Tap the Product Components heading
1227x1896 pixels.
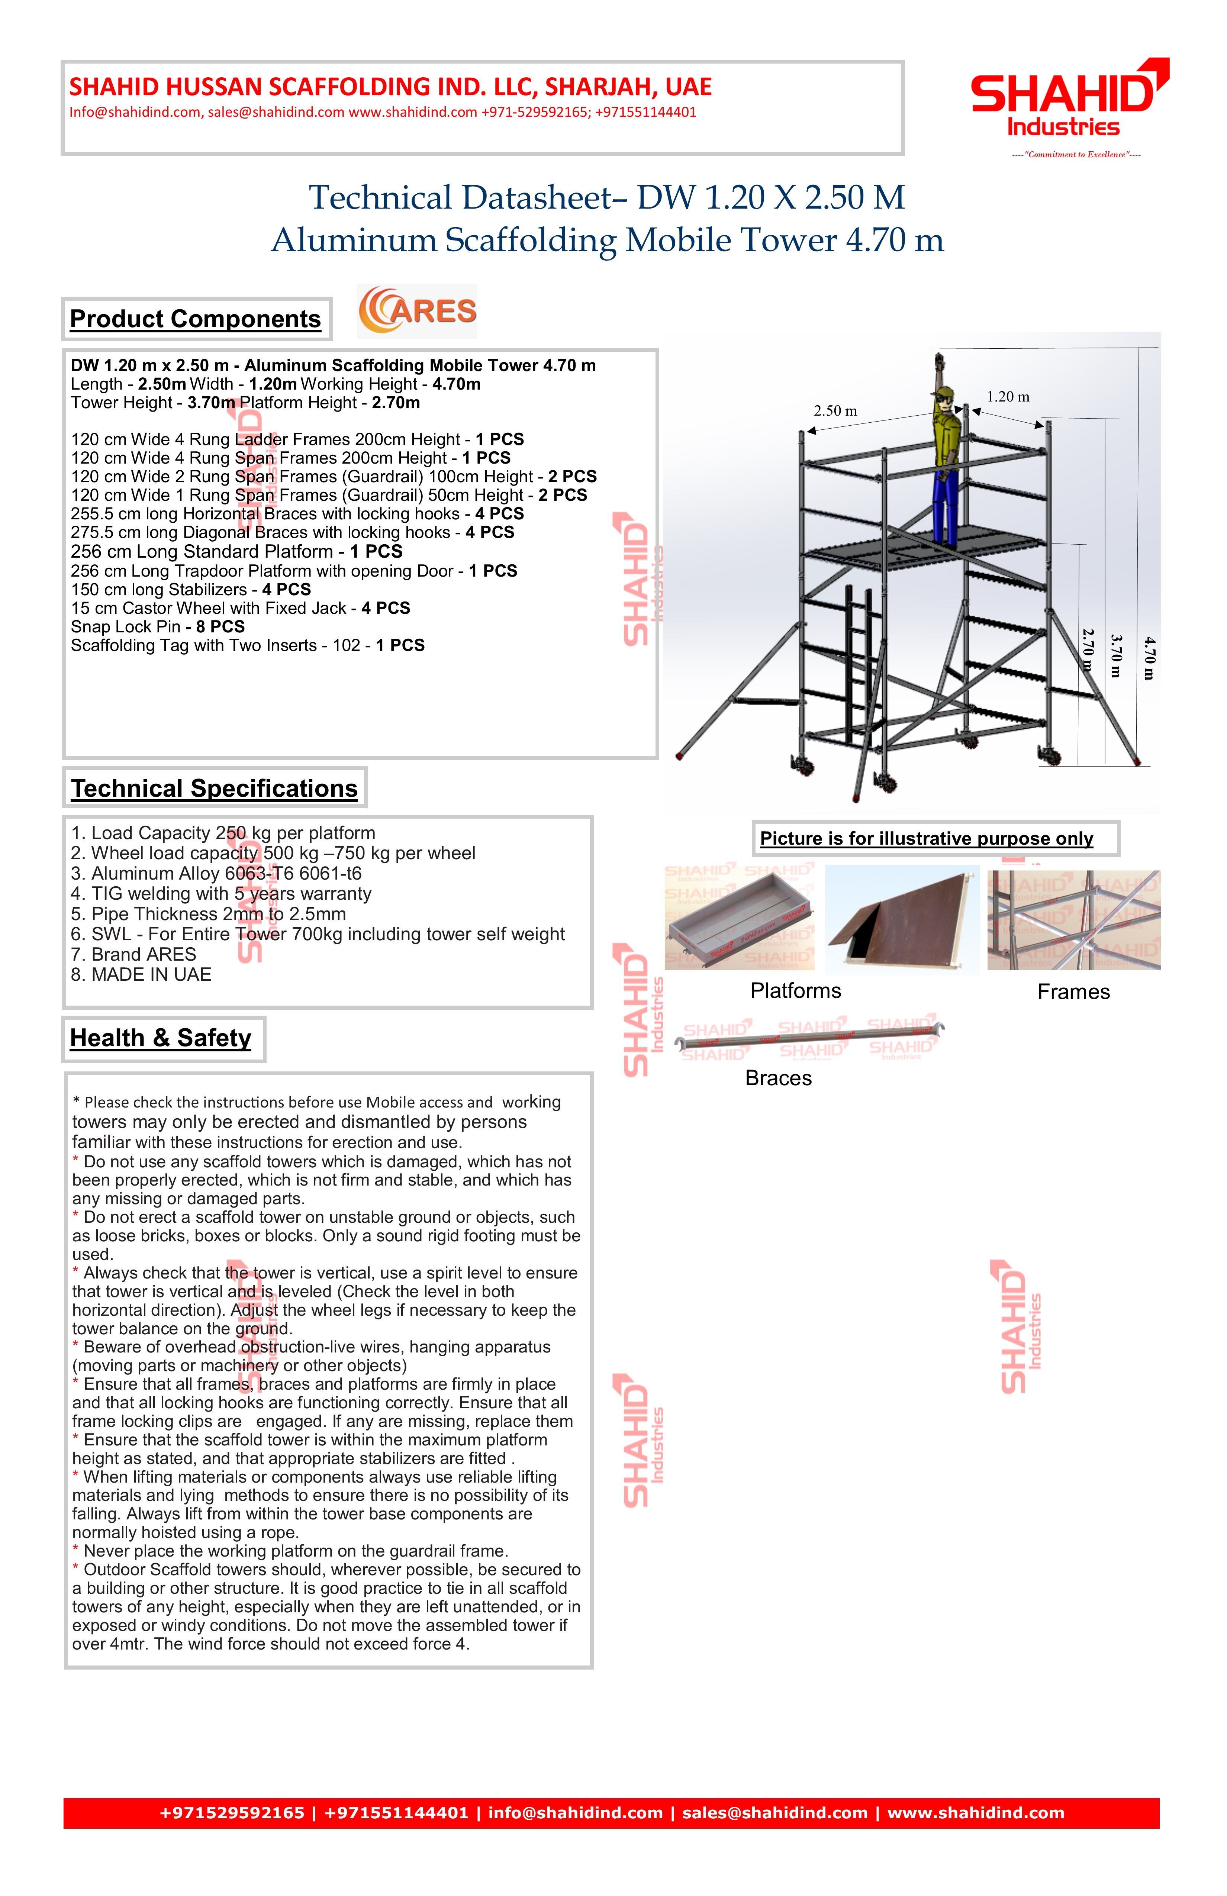pos(195,319)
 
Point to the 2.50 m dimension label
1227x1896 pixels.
pos(835,411)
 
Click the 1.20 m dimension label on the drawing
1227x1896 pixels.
pos(1008,397)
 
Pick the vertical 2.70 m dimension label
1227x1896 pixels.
pos(1088,650)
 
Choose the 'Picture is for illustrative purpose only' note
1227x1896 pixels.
pos(927,839)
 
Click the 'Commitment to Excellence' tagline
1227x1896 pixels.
pos(1076,155)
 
